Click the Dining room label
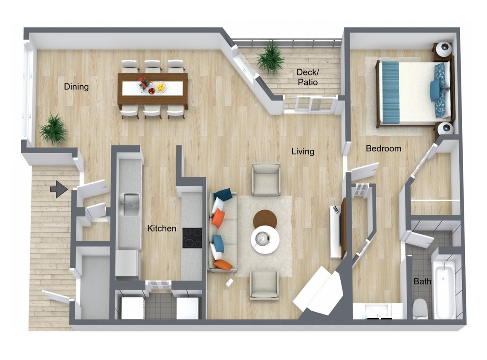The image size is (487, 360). coord(76,87)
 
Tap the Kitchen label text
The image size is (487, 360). coord(162,229)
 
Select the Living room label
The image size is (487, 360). coord(303,151)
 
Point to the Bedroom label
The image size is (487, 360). coord(383,149)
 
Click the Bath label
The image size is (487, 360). coord(422,282)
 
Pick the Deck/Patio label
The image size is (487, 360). coord(307,77)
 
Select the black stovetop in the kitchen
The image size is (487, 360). coord(192,238)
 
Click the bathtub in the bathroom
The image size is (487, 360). coord(444,288)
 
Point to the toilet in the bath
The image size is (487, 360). coord(420,308)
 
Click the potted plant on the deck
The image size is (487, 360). coord(270,58)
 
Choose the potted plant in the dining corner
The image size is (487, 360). coord(53,129)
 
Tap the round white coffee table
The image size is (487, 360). coord(265,239)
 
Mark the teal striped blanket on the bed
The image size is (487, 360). coord(390,92)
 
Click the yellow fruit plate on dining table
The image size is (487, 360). coord(161,87)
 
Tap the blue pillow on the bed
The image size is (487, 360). coord(435,90)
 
